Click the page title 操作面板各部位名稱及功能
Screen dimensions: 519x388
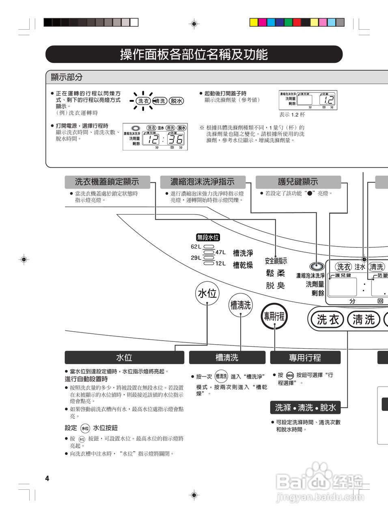click(194, 54)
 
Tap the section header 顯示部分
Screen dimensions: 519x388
click(67, 77)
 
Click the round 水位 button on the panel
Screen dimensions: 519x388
click(207, 293)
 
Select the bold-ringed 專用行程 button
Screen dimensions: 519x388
click(274, 316)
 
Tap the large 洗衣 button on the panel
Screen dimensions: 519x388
click(328, 320)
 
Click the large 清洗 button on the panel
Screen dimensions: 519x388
click(363, 320)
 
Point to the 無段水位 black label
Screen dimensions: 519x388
click(208, 238)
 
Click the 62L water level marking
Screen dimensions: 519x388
click(196, 247)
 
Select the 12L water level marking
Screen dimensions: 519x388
click(220, 263)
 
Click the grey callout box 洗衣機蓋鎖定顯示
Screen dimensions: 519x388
click(107, 182)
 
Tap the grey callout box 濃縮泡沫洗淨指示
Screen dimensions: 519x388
click(203, 182)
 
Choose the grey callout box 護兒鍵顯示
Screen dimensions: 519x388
click(298, 182)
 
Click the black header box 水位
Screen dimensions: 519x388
click(124, 358)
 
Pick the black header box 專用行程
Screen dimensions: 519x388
click(305, 358)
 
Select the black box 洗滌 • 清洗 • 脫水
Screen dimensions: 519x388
click(305, 407)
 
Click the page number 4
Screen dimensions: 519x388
click(47, 478)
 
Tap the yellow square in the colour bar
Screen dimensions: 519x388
click(254, 22)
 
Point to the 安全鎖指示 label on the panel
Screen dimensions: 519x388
click(276, 261)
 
